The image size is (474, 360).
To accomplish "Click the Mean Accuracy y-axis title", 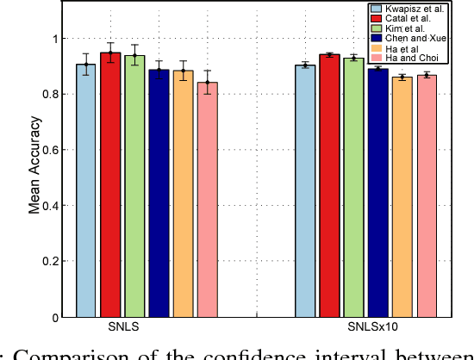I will coord(34,177).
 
